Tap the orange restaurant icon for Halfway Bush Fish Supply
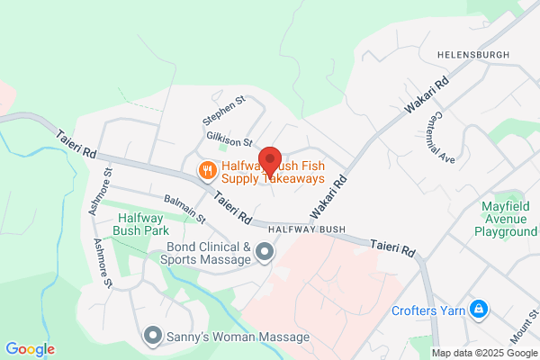[x=207, y=169]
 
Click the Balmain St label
[x=185, y=209]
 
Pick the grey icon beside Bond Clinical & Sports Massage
[x=265, y=253]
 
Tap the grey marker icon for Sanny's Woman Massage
[x=152, y=337]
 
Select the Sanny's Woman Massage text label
[x=238, y=337]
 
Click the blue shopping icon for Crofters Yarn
[x=479, y=311]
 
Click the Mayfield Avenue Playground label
[x=504, y=219]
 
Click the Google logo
[x=30, y=349]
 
